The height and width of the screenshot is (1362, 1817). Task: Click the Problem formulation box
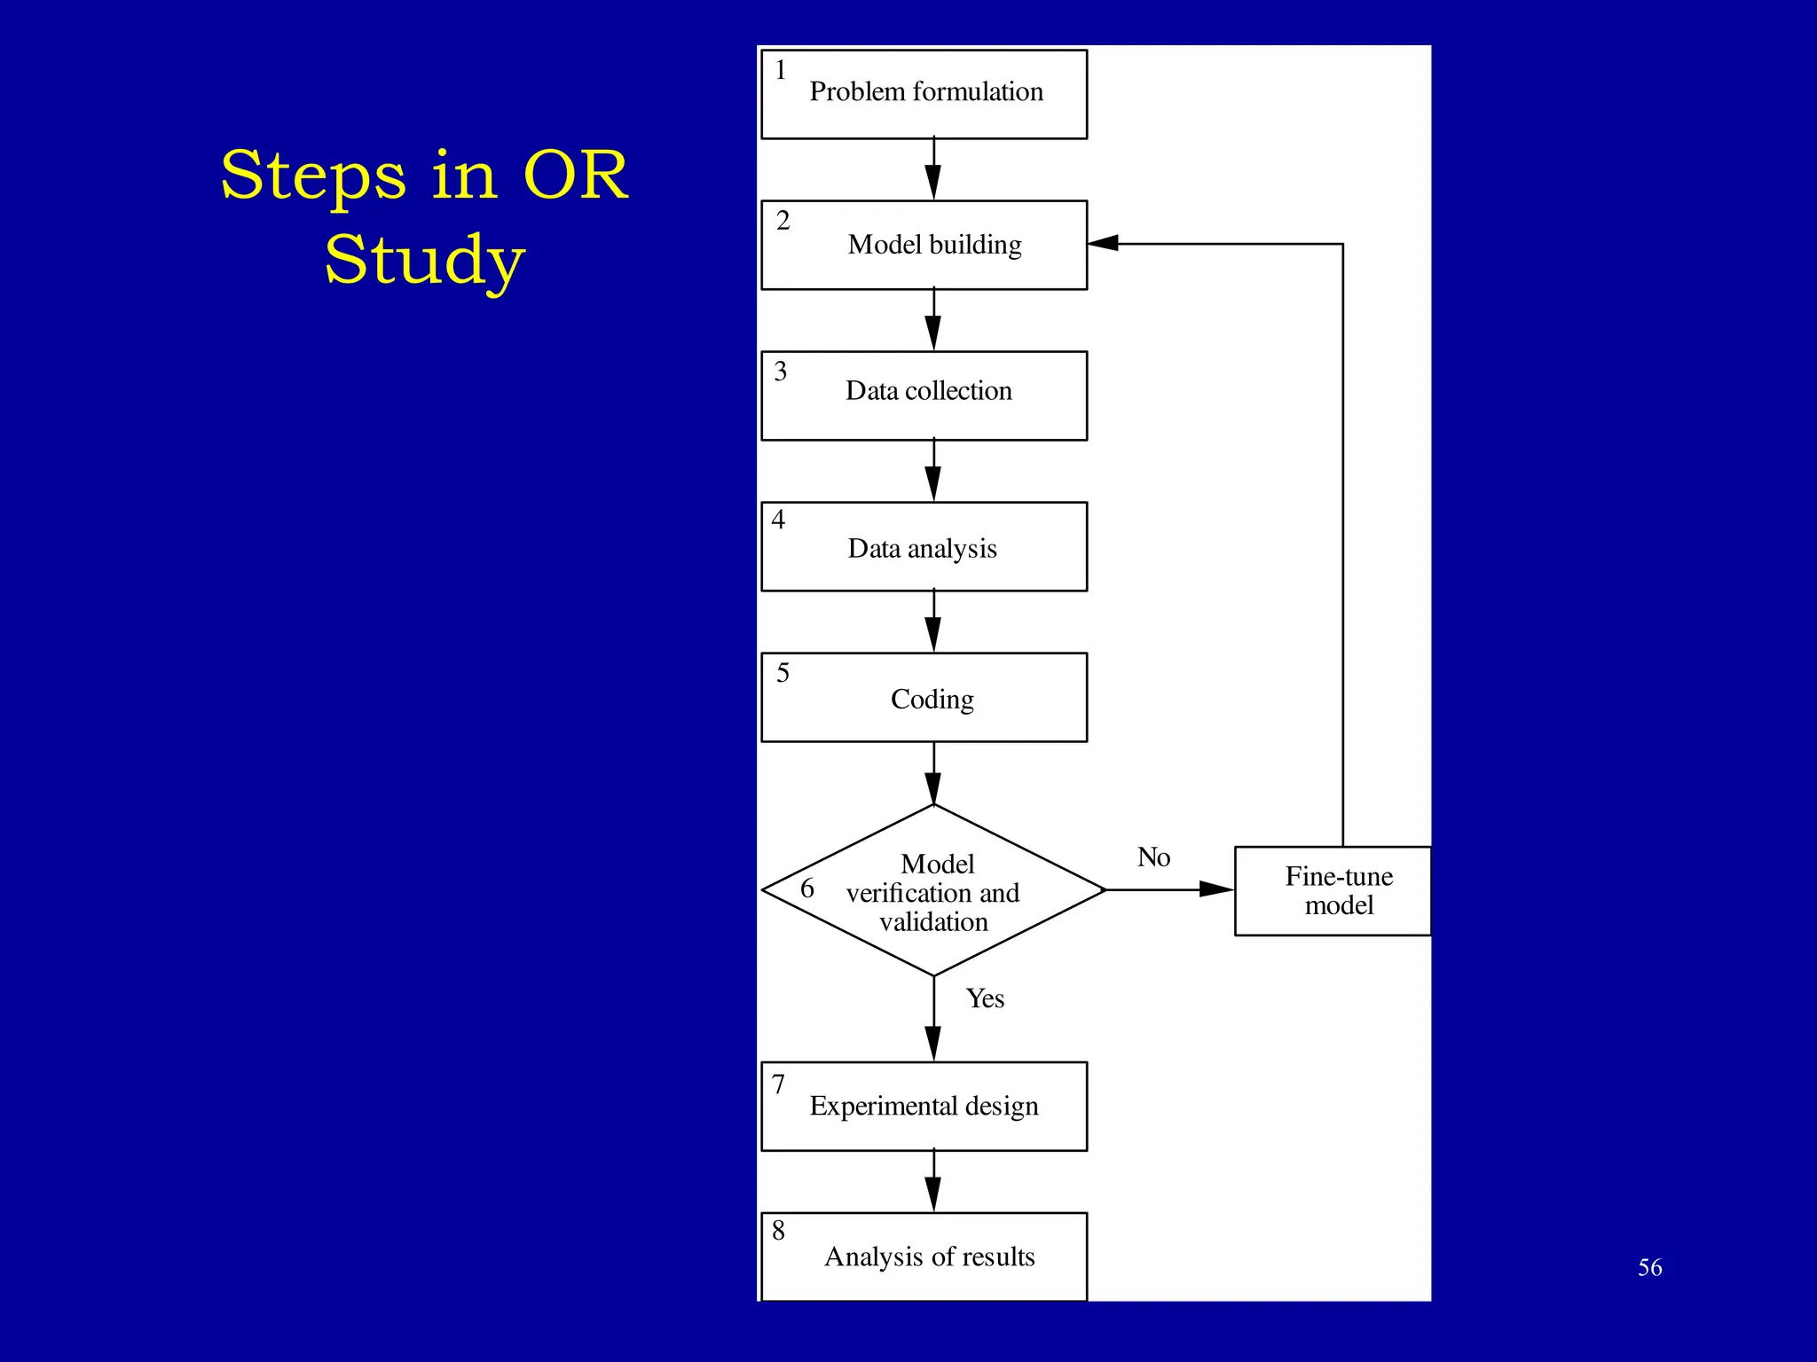(x=924, y=94)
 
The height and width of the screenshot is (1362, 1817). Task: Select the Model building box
(x=924, y=245)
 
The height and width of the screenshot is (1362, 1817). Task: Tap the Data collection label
(x=928, y=390)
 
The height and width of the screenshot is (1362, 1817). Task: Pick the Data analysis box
(x=924, y=547)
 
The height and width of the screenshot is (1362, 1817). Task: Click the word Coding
(x=932, y=699)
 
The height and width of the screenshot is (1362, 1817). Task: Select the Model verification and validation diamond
(x=933, y=890)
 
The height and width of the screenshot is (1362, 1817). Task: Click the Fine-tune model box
(x=1333, y=890)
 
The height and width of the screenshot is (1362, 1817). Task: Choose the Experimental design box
(x=924, y=1106)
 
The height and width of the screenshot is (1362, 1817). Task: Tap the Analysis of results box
(x=924, y=1256)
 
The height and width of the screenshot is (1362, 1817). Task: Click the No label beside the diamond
(x=1153, y=857)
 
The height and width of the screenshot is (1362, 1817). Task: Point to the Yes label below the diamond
(x=985, y=998)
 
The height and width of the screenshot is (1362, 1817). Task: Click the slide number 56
(x=1649, y=1267)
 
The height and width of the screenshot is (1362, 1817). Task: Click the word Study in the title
(x=424, y=259)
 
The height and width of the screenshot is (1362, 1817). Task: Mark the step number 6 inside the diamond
(x=806, y=888)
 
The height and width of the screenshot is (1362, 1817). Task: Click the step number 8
(x=778, y=1230)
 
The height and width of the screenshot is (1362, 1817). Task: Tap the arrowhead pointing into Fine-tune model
(x=1216, y=888)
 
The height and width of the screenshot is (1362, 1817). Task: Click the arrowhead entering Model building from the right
(x=1104, y=243)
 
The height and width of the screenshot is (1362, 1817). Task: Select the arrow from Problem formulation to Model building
(x=933, y=168)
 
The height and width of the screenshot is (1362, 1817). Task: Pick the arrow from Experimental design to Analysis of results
(x=933, y=1181)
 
